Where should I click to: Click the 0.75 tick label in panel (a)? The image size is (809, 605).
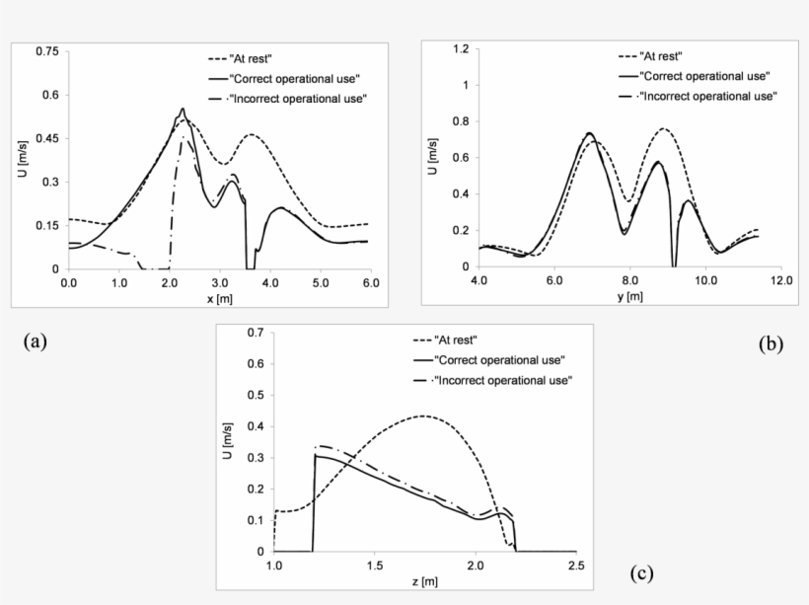(x=46, y=51)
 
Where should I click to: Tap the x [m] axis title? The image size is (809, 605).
(x=216, y=299)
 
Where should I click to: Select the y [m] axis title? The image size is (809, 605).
(x=628, y=297)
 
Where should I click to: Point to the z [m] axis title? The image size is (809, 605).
(x=424, y=582)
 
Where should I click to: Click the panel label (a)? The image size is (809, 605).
(x=35, y=341)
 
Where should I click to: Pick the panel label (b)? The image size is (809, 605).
(x=771, y=343)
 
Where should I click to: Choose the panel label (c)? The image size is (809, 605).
(x=640, y=572)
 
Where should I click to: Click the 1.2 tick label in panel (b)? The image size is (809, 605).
(x=459, y=48)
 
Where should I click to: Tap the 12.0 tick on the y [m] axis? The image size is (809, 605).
(x=780, y=281)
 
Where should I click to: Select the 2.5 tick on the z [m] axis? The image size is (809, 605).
(x=577, y=567)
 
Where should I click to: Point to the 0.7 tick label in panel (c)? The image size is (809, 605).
(x=256, y=333)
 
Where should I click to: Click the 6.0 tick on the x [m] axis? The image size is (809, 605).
(x=368, y=283)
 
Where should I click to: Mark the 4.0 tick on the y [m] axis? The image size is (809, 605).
(x=478, y=281)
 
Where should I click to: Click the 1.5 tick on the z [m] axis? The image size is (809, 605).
(x=375, y=567)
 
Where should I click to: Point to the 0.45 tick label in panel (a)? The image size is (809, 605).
(x=46, y=138)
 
